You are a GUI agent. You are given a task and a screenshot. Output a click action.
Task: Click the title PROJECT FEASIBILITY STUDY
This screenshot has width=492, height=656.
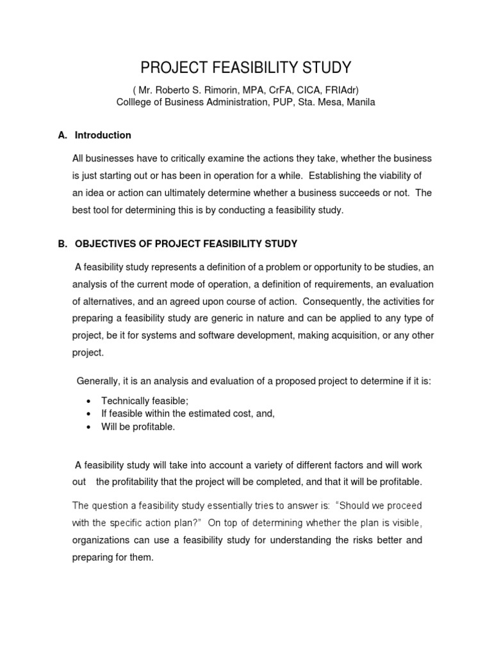245,68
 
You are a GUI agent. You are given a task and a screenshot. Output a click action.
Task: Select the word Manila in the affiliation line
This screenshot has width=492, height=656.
361,102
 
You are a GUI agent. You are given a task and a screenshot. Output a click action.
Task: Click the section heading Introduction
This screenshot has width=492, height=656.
103,135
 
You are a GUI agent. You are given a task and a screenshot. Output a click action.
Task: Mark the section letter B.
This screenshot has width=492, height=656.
62,244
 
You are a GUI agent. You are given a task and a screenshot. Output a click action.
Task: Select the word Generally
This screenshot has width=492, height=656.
98,381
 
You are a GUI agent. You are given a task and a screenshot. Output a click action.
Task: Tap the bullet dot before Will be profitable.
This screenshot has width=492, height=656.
88,427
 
